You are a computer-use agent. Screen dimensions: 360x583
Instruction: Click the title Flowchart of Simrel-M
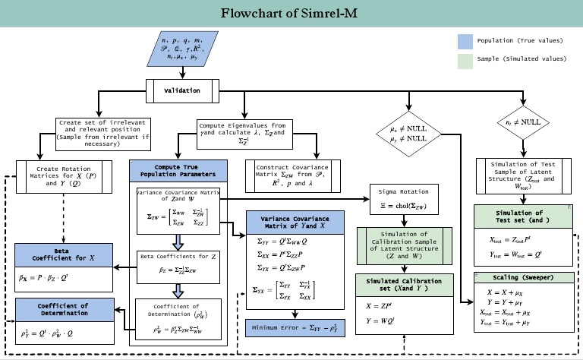point(291,14)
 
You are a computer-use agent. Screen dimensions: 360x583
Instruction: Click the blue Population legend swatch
point(465,41)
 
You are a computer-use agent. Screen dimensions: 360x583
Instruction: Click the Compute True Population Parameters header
point(178,170)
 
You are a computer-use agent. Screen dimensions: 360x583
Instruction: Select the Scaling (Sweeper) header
point(522,277)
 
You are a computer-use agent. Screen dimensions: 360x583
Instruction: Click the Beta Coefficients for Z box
point(179,264)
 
